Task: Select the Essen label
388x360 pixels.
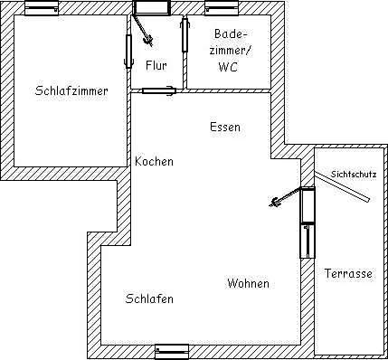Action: tap(224, 128)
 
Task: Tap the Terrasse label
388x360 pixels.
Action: tap(347, 273)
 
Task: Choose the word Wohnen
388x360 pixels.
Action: tap(248, 283)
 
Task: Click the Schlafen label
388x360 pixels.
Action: tap(149, 298)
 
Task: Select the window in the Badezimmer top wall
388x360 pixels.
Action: tap(221, 9)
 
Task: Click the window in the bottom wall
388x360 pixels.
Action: tap(172, 351)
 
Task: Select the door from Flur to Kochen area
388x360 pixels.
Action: tap(158, 90)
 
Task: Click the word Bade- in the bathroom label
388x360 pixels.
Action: tap(227, 33)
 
